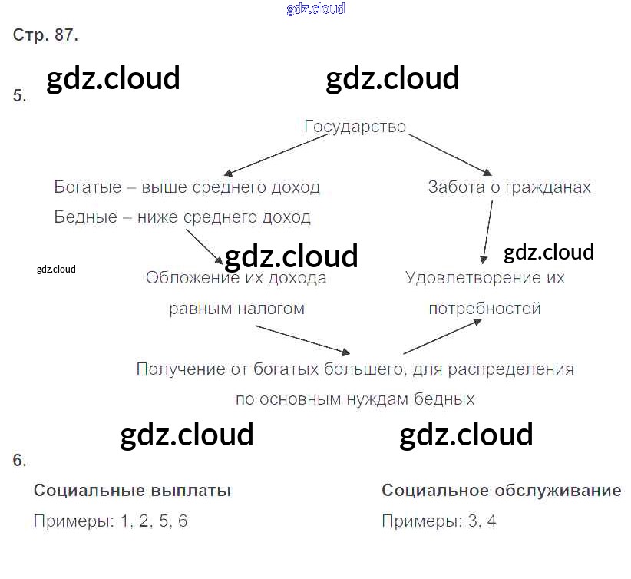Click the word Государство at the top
pos(355,127)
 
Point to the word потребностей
pos(484,309)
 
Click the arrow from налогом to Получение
pos(302,339)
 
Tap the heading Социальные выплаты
pos(132,491)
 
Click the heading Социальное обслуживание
pos(501,491)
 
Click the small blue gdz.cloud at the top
pos(315,8)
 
